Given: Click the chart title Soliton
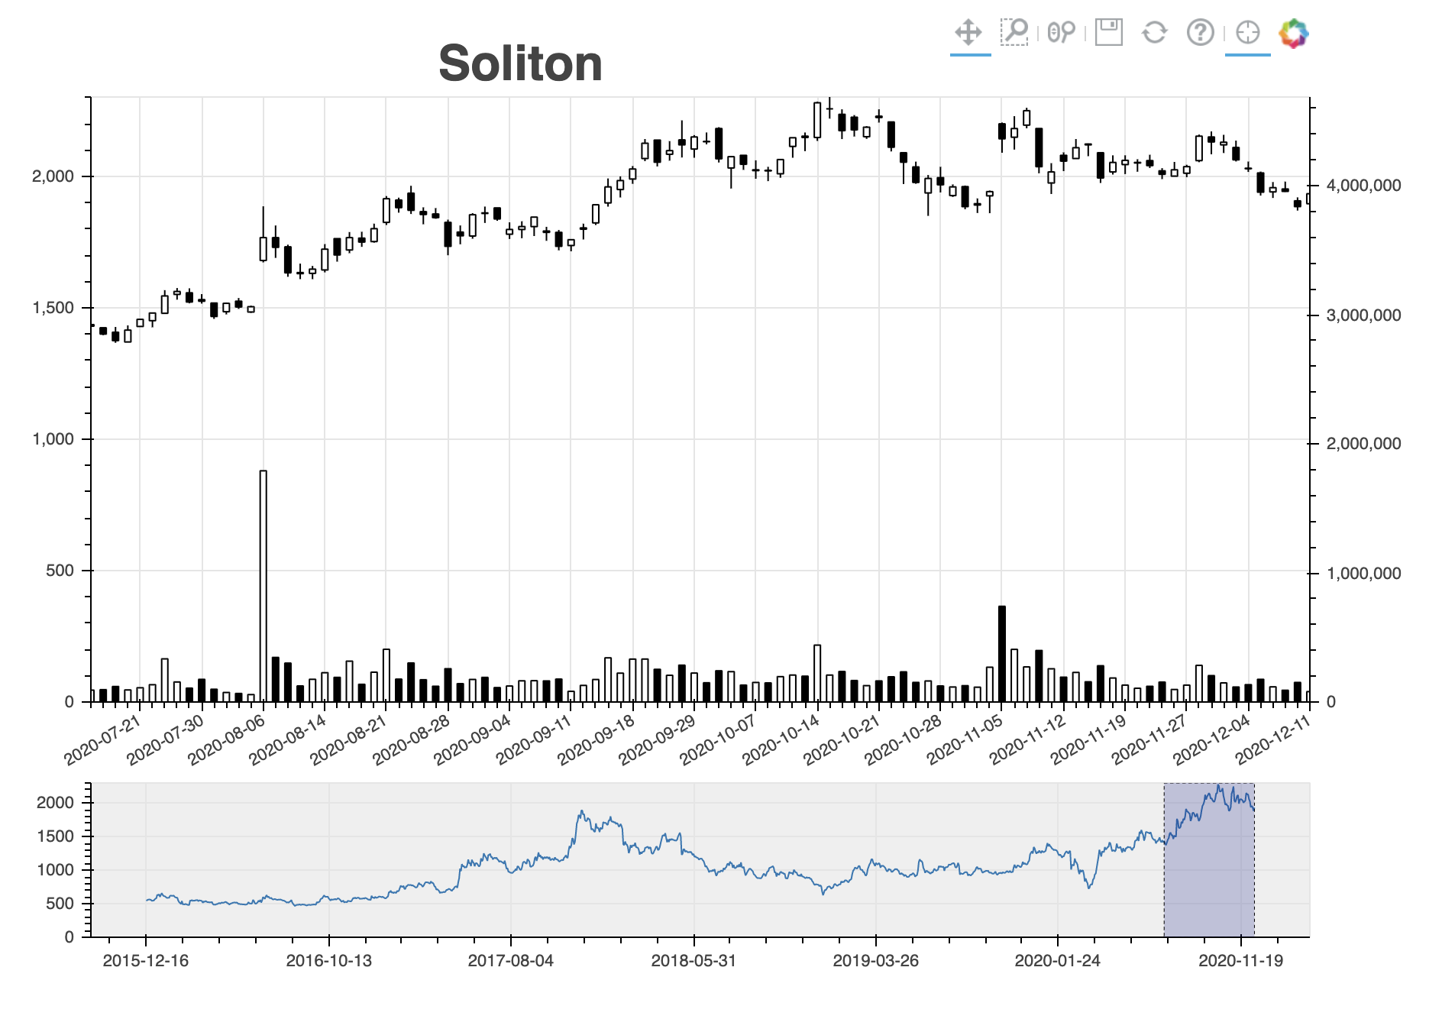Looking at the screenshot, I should tap(520, 63).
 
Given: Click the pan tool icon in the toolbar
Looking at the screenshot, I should tap(968, 33).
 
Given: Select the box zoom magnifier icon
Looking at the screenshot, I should tap(1014, 32).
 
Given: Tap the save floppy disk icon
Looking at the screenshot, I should tap(1108, 32).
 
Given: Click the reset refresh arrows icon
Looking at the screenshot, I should tap(1154, 32).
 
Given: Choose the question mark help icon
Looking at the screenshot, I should tap(1200, 32).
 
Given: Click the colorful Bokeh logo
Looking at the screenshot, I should tap(1294, 33).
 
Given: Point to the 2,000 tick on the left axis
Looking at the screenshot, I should tap(53, 176).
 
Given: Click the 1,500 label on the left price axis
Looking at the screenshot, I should tap(53, 308).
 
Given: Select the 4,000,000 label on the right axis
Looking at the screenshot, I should tap(1363, 186).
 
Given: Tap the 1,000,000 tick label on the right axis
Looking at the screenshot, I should tap(1363, 574).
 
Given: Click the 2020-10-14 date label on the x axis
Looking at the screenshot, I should tap(781, 739).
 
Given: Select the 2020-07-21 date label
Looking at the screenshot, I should tap(103, 739).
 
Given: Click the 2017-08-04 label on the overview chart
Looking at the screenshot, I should tap(510, 961).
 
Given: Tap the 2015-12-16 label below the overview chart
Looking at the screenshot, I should tap(145, 961).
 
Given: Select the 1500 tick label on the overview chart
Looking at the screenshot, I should tap(55, 836).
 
